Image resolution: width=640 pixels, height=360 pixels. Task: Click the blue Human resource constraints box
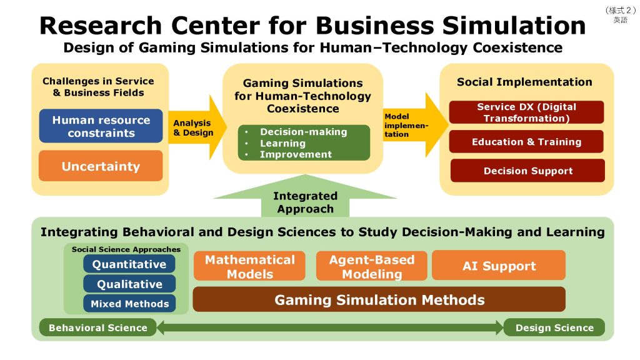101,126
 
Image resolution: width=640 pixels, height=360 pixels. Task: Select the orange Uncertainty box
101,166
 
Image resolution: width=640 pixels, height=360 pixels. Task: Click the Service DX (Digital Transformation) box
527,112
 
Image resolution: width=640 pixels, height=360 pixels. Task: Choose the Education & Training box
527,142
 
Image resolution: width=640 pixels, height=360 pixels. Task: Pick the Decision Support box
527,171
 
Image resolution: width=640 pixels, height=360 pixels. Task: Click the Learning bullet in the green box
282,143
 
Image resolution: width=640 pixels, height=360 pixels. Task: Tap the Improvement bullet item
296,154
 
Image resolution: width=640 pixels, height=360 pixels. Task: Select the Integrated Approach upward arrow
305,201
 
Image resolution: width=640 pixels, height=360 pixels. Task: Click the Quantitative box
129,264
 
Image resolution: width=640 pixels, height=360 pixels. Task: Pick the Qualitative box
129,284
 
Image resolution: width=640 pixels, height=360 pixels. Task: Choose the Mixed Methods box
129,304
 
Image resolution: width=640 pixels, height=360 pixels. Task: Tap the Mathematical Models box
249,266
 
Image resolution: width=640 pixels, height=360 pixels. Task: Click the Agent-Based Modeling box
371,266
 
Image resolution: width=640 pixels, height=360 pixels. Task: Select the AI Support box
499,266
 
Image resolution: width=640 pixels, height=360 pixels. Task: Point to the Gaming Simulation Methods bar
379,300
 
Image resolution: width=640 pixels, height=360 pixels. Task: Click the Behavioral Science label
98,327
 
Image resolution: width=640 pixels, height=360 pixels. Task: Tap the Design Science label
554,327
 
